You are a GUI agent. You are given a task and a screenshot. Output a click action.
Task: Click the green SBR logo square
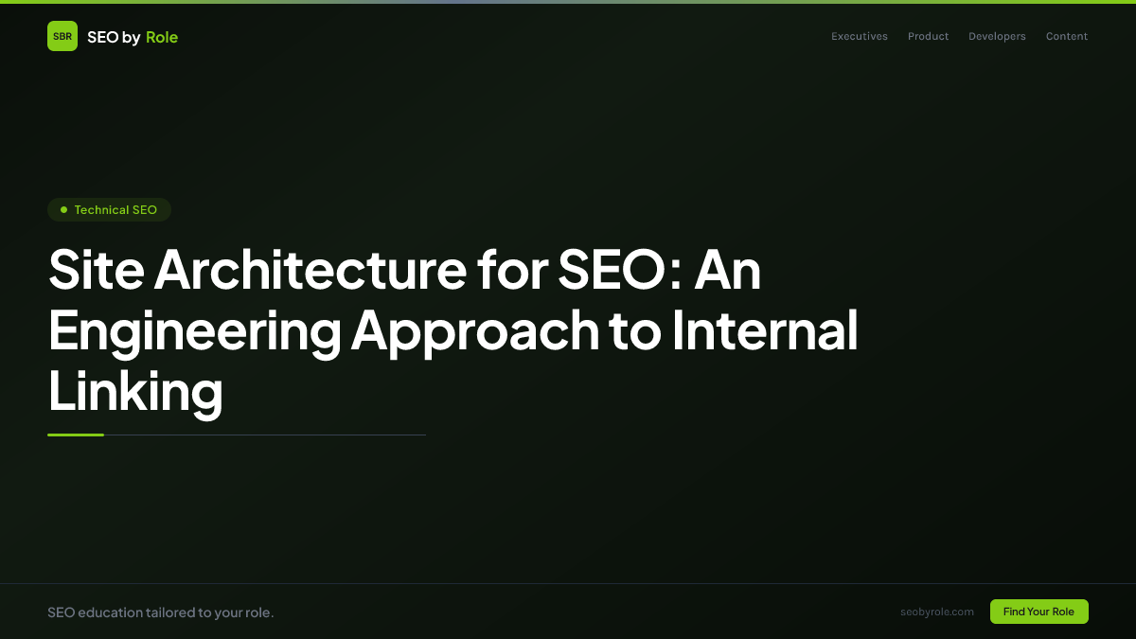(62, 36)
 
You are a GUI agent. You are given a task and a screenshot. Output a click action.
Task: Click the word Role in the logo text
(162, 37)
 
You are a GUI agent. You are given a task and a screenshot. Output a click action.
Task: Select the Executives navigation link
(860, 37)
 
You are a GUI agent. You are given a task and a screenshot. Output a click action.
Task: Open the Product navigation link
(928, 37)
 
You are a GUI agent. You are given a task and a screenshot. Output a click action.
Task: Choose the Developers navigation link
(997, 37)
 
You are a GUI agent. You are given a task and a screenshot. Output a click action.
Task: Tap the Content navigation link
(1067, 37)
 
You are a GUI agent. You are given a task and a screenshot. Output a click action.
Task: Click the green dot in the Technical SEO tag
(63, 209)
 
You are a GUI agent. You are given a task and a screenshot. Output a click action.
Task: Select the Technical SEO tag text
(115, 209)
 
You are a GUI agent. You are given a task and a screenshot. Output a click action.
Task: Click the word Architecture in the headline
(310, 270)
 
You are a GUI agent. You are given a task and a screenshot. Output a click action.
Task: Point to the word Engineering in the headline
(195, 330)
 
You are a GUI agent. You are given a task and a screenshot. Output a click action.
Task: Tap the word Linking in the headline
(135, 391)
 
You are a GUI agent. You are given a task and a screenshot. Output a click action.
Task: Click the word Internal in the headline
(765, 330)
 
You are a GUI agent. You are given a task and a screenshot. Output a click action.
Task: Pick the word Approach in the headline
(476, 330)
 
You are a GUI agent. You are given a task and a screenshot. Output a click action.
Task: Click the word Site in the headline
(95, 270)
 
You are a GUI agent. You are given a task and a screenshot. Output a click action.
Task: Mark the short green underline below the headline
(76, 435)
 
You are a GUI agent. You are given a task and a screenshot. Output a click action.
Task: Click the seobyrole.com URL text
(937, 612)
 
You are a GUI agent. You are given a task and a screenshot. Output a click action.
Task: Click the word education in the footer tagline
(110, 612)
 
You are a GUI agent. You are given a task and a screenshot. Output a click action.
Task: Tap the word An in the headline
(728, 270)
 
